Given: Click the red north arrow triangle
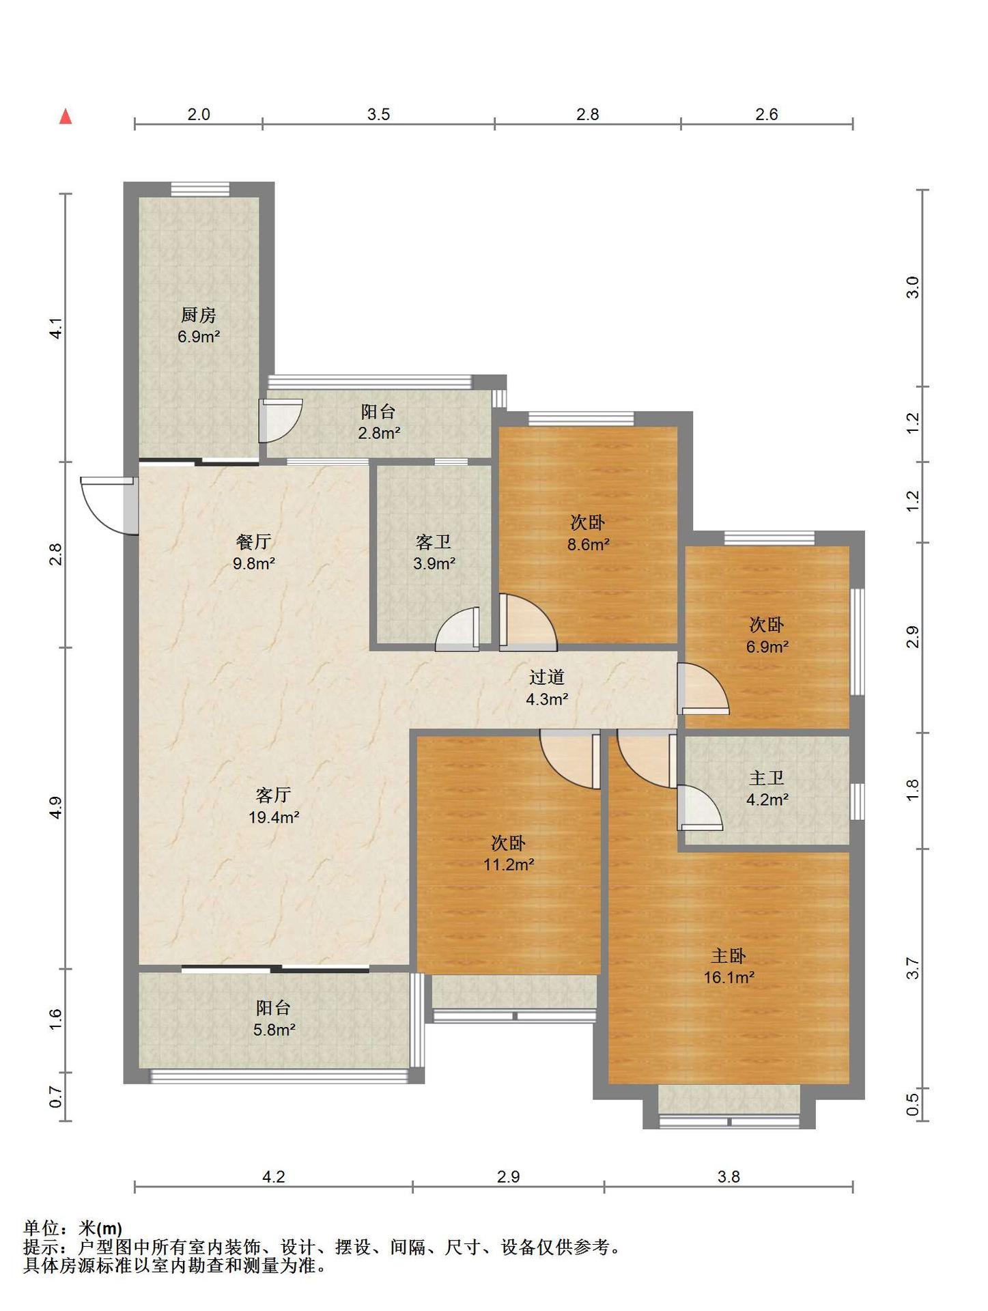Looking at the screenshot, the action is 66,117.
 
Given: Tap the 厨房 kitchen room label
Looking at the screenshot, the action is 199,315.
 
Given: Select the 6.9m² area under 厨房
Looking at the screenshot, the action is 199,337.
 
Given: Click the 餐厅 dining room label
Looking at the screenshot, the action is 254,541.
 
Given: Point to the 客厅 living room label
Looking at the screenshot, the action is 274,795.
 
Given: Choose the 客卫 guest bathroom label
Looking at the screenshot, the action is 434,541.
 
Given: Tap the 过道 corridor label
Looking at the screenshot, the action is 547,677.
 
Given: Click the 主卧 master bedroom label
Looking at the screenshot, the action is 729,955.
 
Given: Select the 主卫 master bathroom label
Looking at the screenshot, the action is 767,778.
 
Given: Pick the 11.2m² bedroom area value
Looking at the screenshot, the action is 509,864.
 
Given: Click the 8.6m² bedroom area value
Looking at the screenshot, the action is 588,545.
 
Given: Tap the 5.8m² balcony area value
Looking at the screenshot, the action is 274,1030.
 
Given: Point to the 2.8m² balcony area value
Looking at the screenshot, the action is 379,433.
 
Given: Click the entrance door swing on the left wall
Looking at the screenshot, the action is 108,505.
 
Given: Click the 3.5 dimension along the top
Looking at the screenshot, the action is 378,114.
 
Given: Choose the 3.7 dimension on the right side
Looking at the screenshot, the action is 914,969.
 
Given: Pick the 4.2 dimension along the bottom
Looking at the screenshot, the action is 274,1176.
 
